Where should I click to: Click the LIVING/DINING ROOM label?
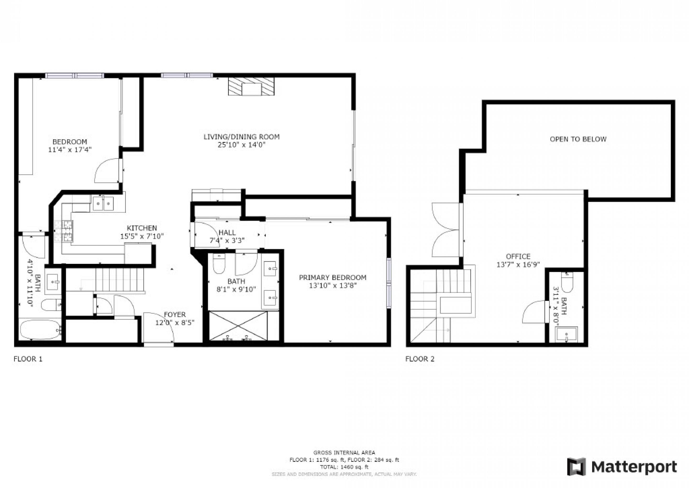tap(241, 137)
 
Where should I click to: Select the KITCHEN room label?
tap(142, 228)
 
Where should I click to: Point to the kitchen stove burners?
tap(64, 231)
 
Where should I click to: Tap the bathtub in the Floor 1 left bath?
tap(40, 330)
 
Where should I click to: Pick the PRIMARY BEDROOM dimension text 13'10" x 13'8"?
tap(333, 286)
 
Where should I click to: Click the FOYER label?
tap(175, 315)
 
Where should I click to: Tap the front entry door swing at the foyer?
tap(159, 327)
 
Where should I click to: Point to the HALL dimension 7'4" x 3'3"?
tap(227, 240)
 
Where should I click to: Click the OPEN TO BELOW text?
tap(578, 139)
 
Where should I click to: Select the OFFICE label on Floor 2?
tap(518, 256)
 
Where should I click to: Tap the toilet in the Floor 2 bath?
tap(567, 282)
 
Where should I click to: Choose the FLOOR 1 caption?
tap(28, 359)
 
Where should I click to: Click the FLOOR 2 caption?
tap(420, 359)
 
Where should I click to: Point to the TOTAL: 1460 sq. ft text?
tap(344, 467)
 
